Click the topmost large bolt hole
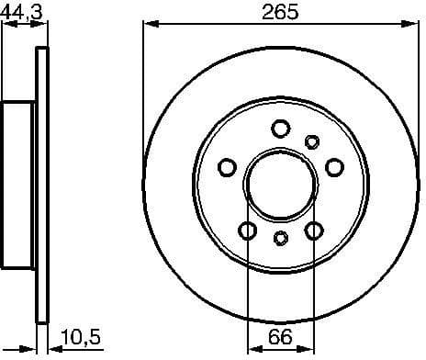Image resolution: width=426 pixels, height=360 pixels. (x=281, y=129)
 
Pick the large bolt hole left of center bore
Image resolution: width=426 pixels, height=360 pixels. (x=227, y=167)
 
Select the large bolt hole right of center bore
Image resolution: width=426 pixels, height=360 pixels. (x=335, y=166)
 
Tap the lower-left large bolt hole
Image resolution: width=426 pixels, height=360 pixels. (x=247, y=230)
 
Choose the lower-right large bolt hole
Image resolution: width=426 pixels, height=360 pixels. (x=314, y=230)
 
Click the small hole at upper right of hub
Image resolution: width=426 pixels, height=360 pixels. (x=312, y=141)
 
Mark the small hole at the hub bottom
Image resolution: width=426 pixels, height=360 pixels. (x=281, y=239)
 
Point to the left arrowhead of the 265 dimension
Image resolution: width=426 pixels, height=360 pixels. (x=148, y=26)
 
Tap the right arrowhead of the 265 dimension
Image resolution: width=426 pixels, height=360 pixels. (x=414, y=26)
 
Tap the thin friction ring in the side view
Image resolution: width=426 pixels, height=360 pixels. (x=41, y=184)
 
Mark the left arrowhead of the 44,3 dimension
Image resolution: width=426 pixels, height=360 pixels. (x=5, y=26)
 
